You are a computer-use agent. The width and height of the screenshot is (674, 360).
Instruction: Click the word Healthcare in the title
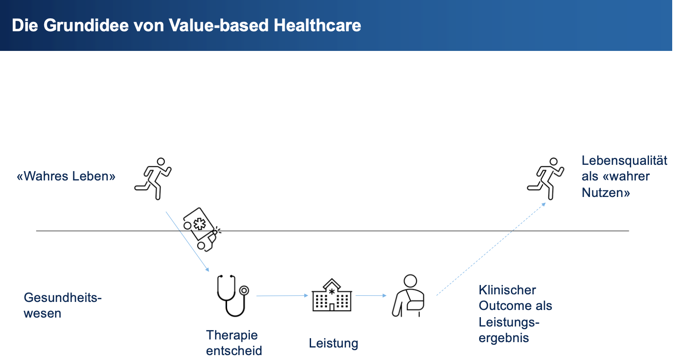(x=317, y=25)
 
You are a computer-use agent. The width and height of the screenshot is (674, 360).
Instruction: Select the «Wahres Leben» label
(x=66, y=176)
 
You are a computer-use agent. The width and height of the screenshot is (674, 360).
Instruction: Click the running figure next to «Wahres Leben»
(x=153, y=179)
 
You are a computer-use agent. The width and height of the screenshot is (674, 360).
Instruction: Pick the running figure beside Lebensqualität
(x=546, y=179)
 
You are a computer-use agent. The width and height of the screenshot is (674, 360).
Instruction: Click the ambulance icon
(x=202, y=230)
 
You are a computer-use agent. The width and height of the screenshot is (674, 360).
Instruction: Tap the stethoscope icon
(x=232, y=295)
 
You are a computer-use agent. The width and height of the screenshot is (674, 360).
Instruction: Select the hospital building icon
(x=332, y=295)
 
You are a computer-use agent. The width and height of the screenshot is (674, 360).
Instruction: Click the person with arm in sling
(x=409, y=296)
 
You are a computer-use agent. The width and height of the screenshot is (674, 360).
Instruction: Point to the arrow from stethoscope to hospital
(x=282, y=296)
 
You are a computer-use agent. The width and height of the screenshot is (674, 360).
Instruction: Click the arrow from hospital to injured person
(x=371, y=295)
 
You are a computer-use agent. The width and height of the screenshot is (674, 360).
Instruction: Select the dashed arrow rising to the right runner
(x=491, y=249)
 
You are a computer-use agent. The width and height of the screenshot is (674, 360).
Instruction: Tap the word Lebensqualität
(x=624, y=161)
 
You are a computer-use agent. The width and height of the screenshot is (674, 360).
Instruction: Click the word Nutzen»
(x=606, y=193)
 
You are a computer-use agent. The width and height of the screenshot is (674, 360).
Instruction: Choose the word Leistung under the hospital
(x=333, y=343)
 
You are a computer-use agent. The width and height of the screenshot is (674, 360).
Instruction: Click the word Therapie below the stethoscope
(x=232, y=335)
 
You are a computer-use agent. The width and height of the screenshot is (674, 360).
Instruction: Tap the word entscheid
(x=234, y=351)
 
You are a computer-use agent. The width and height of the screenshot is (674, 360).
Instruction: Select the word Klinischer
(x=507, y=290)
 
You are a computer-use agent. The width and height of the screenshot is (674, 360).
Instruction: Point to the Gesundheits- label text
(x=63, y=298)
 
